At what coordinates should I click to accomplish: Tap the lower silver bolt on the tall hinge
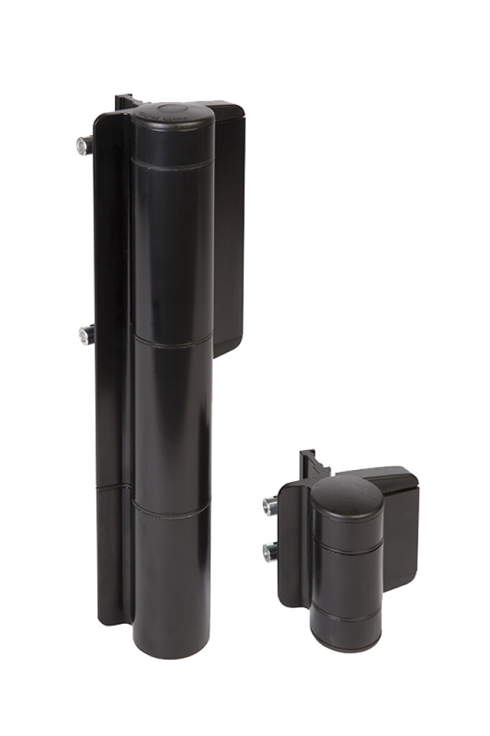tap(86, 334)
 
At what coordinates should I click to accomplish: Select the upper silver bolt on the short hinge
tap(270, 506)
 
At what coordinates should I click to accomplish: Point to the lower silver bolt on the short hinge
tap(270, 552)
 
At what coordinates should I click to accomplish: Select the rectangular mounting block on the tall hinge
tap(228, 230)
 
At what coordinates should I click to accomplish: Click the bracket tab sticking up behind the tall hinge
tap(124, 101)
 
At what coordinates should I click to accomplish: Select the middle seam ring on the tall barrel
tap(172, 343)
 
